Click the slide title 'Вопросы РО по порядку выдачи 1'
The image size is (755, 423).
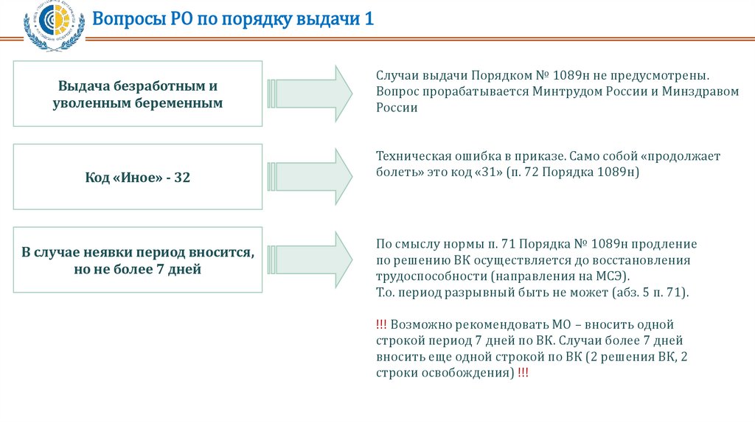point(233,18)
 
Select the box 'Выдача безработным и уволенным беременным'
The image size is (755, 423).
point(138,94)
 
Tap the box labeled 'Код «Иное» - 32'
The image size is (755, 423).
point(138,177)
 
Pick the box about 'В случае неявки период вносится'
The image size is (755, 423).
point(138,261)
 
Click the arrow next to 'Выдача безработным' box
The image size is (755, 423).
point(310,93)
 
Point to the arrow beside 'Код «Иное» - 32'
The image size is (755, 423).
point(310,175)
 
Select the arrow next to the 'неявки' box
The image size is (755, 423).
point(310,259)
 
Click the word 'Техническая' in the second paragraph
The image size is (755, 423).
point(413,156)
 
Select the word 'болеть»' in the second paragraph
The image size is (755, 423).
point(400,172)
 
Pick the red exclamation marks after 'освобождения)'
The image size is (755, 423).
point(522,373)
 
